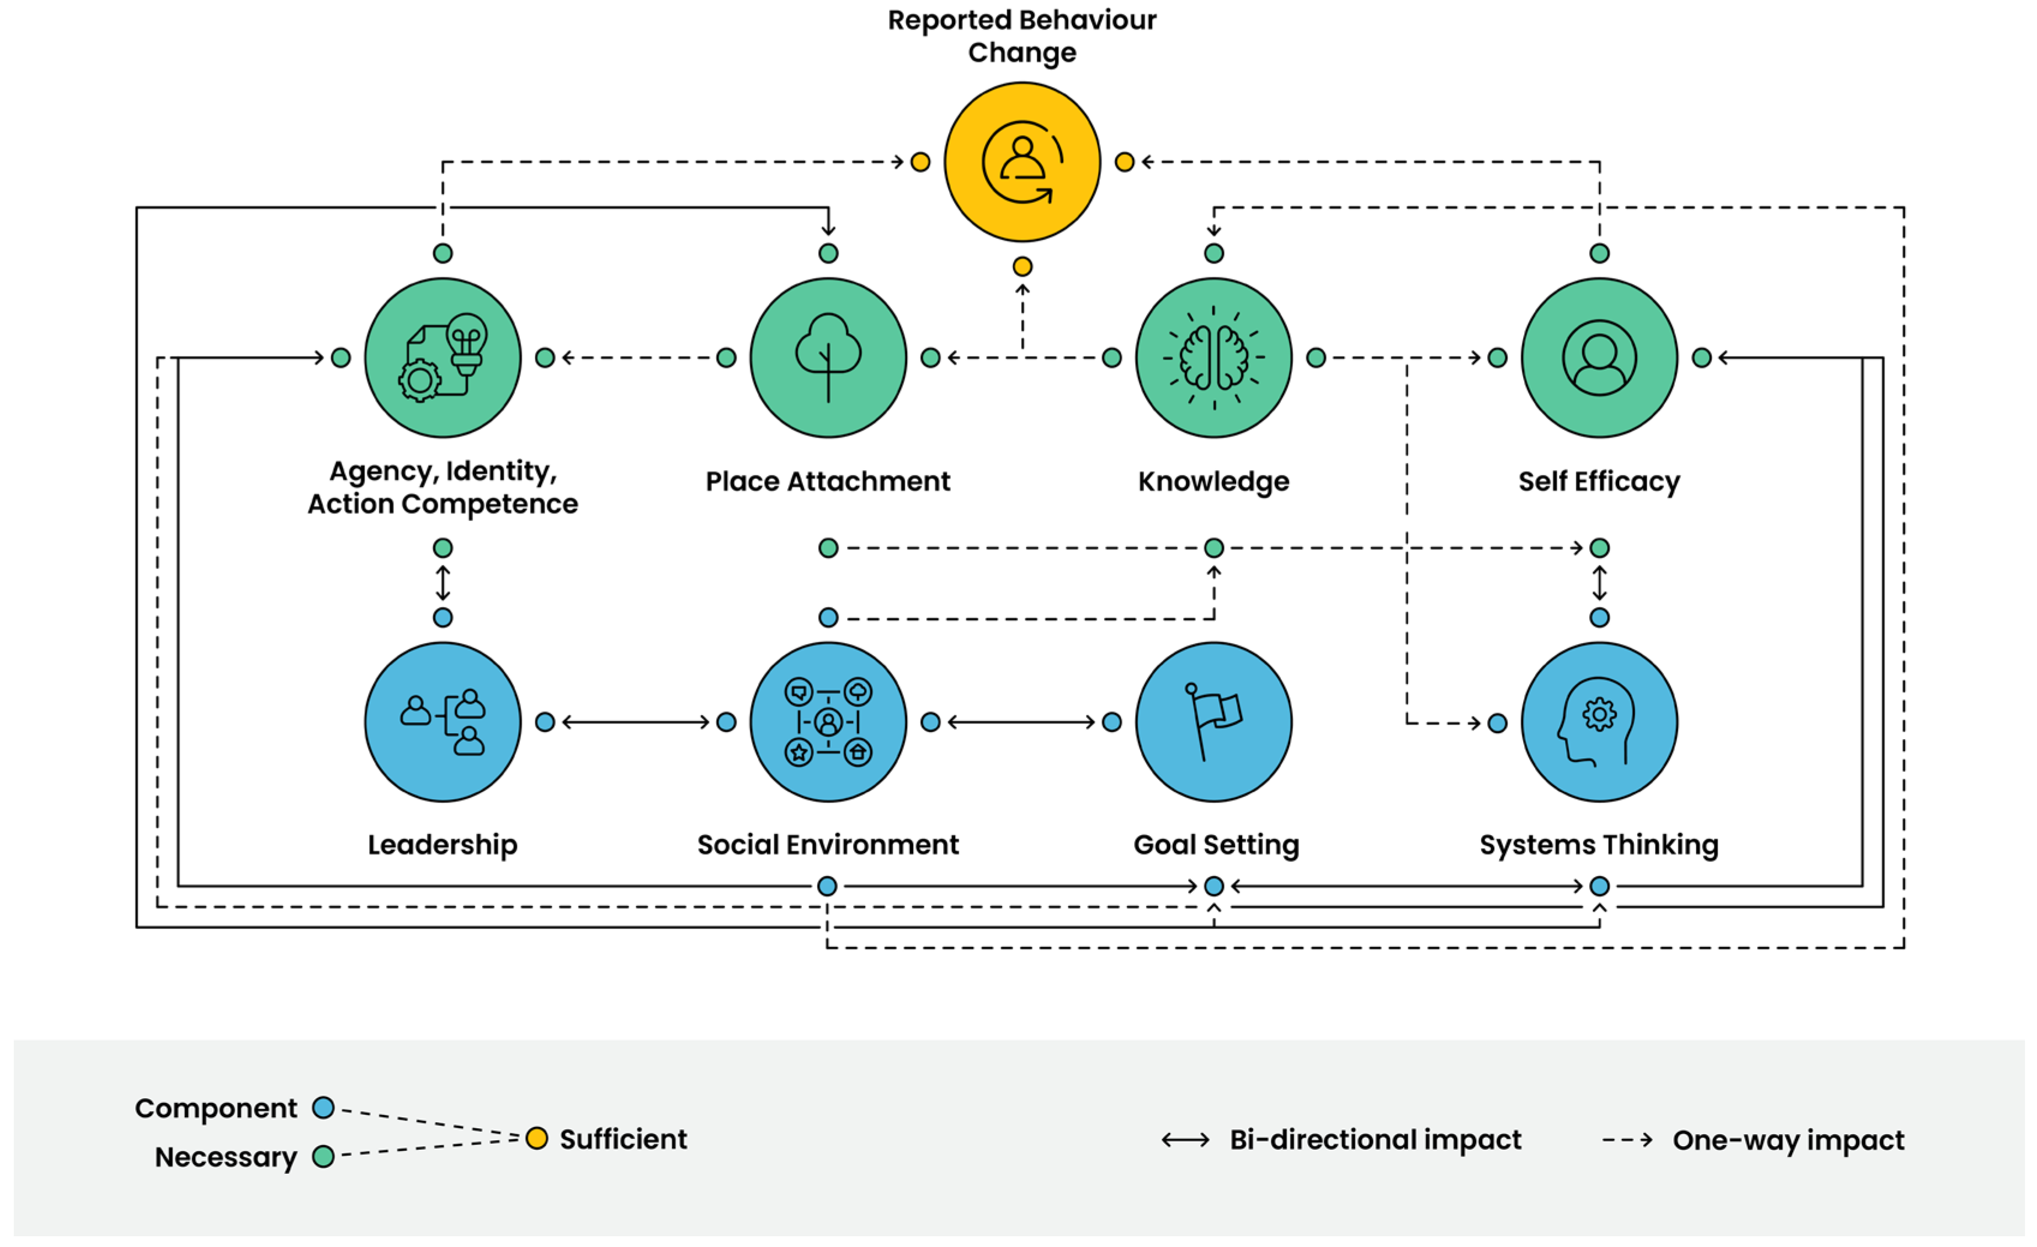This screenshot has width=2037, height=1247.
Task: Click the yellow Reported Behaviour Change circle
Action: click(x=1022, y=162)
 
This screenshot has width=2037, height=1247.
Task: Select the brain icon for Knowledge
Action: click(x=1213, y=357)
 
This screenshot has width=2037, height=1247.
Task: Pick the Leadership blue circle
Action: click(x=442, y=722)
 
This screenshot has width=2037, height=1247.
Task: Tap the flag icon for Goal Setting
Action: click(x=1213, y=722)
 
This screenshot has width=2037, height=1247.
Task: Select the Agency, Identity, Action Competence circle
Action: click(x=442, y=357)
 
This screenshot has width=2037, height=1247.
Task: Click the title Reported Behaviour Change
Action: click(x=1022, y=35)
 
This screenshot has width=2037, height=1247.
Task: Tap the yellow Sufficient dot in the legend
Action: click(x=537, y=1139)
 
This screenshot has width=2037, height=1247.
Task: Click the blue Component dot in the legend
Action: click(x=323, y=1107)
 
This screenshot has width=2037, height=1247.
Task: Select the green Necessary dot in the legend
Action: click(x=323, y=1156)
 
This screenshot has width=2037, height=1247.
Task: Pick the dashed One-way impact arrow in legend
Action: click(x=1626, y=1140)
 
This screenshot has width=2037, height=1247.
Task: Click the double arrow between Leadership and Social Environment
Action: click(x=635, y=722)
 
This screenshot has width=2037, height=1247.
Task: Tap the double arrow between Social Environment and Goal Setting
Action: click(x=1021, y=722)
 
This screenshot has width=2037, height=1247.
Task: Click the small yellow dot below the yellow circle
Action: click(x=1022, y=266)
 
